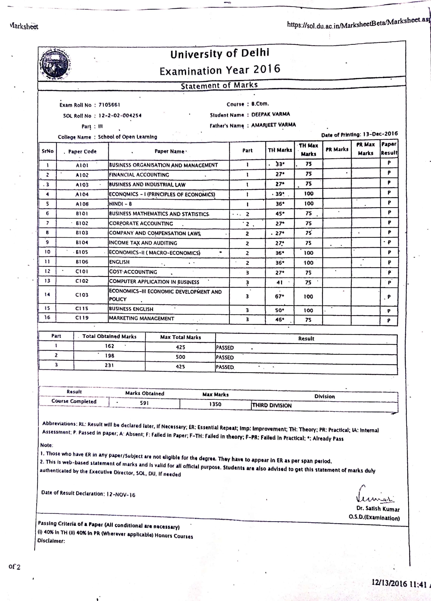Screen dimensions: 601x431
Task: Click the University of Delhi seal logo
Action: [x=55, y=64]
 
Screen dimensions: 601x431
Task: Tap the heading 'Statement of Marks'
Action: [x=219, y=85]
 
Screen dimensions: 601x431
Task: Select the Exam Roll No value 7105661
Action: [x=109, y=105]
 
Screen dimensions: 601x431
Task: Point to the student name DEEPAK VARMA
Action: [x=271, y=114]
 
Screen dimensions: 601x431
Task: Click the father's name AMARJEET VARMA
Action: [x=273, y=125]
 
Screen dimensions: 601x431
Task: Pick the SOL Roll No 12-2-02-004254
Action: [x=120, y=115]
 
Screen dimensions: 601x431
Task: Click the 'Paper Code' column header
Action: [x=82, y=152]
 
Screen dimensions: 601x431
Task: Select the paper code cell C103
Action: [x=82, y=295]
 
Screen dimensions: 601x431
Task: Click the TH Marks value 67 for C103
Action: [x=279, y=296]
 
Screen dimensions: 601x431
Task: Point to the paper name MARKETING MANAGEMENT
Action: [x=142, y=318]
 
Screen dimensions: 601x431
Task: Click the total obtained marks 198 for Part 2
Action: [x=109, y=355]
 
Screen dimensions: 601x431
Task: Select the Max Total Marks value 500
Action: [x=180, y=357]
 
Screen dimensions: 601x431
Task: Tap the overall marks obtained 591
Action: [x=144, y=403]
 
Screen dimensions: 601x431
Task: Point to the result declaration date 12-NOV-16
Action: [x=121, y=494]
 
